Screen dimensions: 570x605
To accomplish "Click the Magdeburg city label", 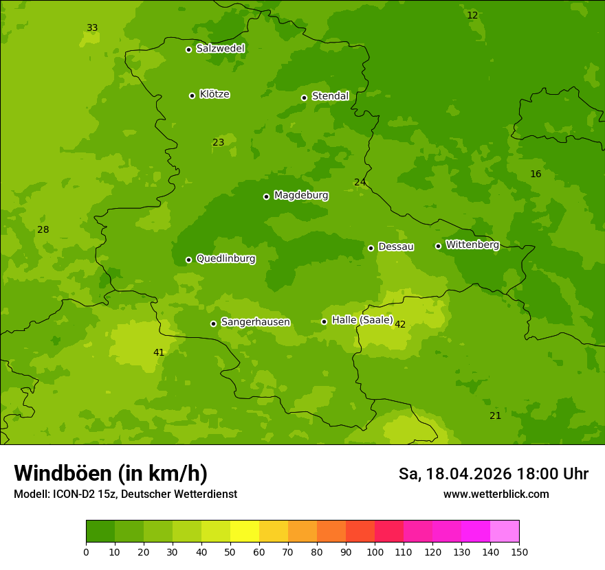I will pos(301,196).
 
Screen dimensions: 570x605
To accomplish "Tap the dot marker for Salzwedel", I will pos(188,49).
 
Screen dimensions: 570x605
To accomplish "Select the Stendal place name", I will pos(330,96).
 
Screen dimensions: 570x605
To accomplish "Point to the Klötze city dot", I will pos(192,95).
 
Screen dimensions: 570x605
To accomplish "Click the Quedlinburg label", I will pos(225,259).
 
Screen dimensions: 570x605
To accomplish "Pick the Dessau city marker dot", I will pos(371,248).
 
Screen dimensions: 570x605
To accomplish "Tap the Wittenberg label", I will pos(472,245).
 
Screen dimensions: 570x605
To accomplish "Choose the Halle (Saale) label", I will pos(362,321).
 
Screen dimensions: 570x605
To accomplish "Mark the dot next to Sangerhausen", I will pos(213,323).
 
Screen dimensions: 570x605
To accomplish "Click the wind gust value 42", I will pos(400,325).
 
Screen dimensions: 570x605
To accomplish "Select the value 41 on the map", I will pos(159,353).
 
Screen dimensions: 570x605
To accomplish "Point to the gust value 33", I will pos(92,28).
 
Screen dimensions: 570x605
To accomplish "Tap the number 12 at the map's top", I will pos(472,16).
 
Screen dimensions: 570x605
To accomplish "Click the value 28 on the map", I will pos(43,230).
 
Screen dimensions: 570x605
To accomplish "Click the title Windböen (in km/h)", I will pos(111,473).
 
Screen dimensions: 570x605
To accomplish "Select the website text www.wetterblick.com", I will pos(496,494).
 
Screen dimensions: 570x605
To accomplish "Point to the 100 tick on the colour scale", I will pos(375,551).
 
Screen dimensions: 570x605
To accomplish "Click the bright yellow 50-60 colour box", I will pos(245,532).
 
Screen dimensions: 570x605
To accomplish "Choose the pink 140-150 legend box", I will pos(505,532).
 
